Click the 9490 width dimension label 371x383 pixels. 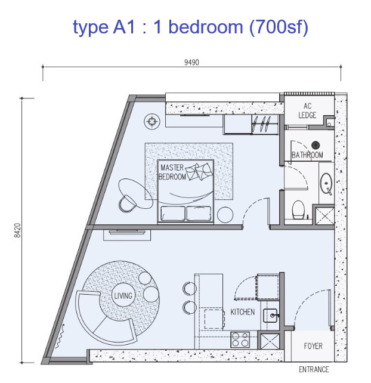(x=191, y=62)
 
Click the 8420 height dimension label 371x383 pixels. (x=17, y=230)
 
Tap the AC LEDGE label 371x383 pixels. (x=307, y=110)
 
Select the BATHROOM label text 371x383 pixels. (x=307, y=155)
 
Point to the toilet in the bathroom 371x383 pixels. (x=298, y=209)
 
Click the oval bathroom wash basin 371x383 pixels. (x=326, y=183)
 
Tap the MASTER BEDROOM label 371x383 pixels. (x=172, y=172)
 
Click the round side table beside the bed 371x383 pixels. (x=225, y=215)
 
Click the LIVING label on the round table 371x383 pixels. (x=123, y=296)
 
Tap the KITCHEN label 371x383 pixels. (x=243, y=311)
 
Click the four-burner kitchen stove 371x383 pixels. (x=240, y=339)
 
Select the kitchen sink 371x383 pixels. (x=270, y=316)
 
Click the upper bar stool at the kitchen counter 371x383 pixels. (x=190, y=289)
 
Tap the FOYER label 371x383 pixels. (x=313, y=346)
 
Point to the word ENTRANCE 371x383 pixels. (x=314, y=369)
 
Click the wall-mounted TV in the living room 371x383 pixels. (x=127, y=232)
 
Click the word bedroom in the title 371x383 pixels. (x=206, y=27)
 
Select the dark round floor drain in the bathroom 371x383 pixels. (x=316, y=145)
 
